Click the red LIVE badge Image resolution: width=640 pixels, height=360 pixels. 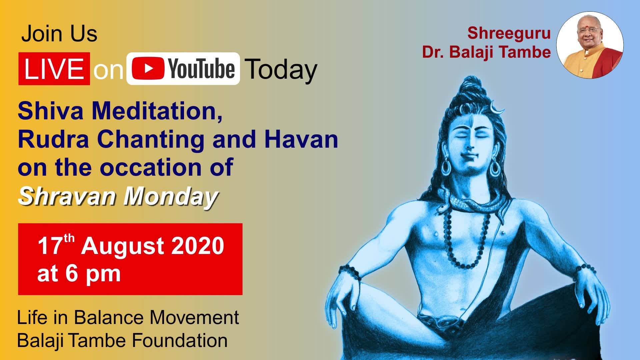click(x=54, y=69)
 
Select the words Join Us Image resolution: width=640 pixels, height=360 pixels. click(x=59, y=34)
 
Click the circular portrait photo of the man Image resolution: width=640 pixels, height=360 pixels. click(x=590, y=45)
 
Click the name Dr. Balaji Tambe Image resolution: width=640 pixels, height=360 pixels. click(x=486, y=52)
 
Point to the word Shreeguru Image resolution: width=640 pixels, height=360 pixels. click(x=509, y=33)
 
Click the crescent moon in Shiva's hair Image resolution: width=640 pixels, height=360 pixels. click(x=496, y=107)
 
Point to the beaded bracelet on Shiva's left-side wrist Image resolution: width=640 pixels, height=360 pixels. click(x=350, y=273)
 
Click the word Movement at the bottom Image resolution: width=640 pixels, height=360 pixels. click(x=194, y=317)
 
